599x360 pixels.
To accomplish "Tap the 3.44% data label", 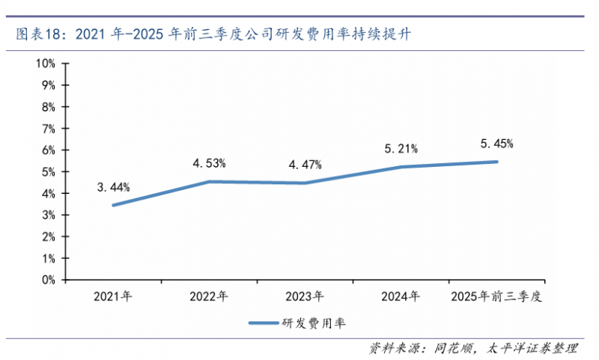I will tap(113, 186).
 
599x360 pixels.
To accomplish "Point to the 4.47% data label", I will tap(305, 164).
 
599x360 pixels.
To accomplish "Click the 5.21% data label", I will tap(401, 148).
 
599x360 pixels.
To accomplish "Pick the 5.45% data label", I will tap(496, 143).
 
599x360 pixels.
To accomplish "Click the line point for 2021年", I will tap(113, 205).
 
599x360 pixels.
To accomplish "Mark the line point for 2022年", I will tap(209, 181).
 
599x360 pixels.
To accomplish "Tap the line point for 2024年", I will tap(401, 166).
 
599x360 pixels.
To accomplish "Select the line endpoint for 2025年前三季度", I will tap(496, 162).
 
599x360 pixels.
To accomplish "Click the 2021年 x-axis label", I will tap(113, 296).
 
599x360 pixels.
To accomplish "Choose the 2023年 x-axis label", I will tap(305, 296).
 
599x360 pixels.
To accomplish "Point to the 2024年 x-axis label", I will tap(401, 296).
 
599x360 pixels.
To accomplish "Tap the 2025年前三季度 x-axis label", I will tap(496, 296).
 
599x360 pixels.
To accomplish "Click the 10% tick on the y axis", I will tap(46, 64).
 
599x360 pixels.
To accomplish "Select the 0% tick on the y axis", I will tap(49, 280).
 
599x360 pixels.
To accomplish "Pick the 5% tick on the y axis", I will tap(49, 172).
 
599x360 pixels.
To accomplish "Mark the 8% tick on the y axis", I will tap(49, 107).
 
